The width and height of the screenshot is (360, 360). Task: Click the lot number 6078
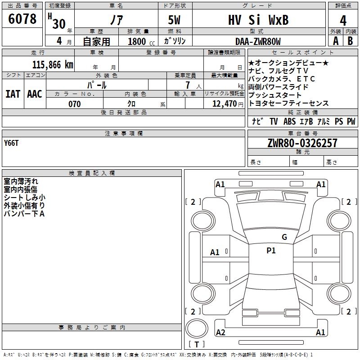[23, 19]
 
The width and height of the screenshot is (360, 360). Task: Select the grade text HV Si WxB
[258, 20]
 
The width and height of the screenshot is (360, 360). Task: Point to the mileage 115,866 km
[53, 65]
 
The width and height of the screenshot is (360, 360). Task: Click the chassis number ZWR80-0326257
[302, 144]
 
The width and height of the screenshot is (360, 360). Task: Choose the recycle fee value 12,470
[224, 104]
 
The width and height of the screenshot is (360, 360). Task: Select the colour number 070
[74, 104]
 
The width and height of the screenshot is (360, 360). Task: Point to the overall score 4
[343, 20]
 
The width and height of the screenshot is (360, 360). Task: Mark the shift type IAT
[13, 94]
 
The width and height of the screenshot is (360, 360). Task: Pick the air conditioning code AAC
[35, 94]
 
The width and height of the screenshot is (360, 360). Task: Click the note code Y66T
[12, 143]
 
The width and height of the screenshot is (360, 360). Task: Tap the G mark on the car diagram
[284, 237]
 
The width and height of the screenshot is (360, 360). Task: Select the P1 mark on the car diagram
[271, 251]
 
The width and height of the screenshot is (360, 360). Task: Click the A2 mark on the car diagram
[220, 333]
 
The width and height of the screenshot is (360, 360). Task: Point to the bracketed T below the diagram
[197, 344]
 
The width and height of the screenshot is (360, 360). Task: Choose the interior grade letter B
[350, 41]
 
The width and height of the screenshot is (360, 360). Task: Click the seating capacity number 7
[187, 85]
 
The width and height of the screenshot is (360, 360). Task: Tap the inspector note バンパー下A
[24, 214]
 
